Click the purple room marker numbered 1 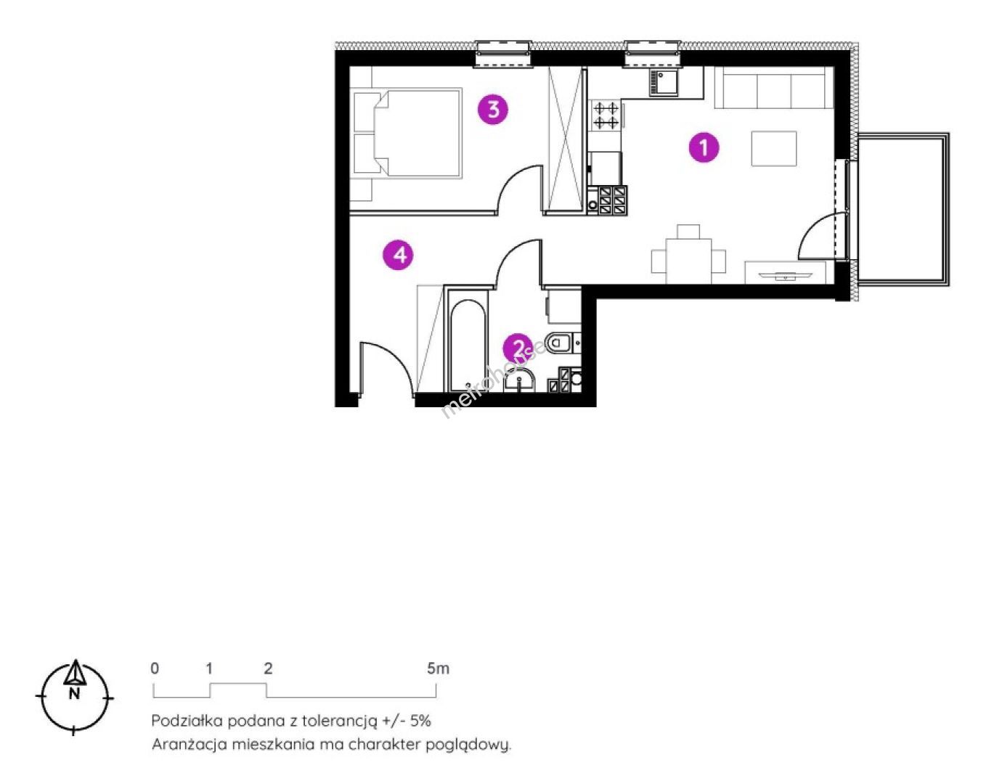click(x=704, y=148)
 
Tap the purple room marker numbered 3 click(x=493, y=110)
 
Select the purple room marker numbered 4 click(x=398, y=255)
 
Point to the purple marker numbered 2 click(x=518, y=348)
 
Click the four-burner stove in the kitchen click(x=606, y=115)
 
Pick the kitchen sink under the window click(x=664, y=83)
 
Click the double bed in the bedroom click(x=407, y=133)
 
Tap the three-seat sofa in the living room click(x=774, y=88)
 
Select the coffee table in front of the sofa click(x=774, y=149)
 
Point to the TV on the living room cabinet click(x=785, y=276)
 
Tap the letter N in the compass click(x=74, y=693)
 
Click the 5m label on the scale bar click(x=438, y=668)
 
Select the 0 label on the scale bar click(x=155, y=668)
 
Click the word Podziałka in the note click(x=187, y=721)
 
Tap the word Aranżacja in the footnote click(x=190, y=746)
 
